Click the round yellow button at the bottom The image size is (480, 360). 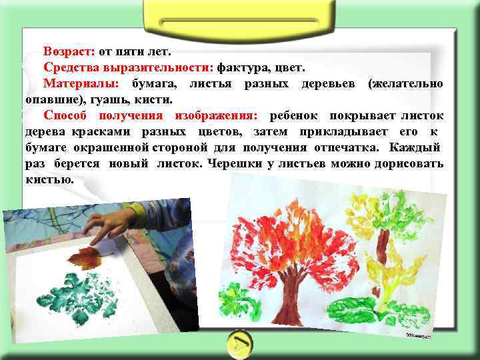point(239,343)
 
